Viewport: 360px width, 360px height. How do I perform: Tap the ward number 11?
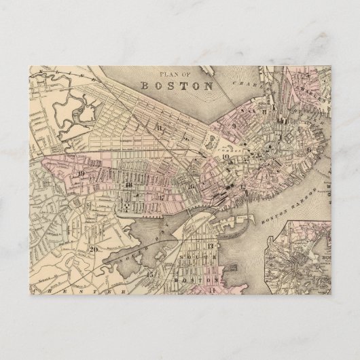point(159,126)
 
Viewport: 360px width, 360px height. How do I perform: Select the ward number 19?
point(81,175)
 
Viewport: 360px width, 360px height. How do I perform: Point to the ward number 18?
point(128,185)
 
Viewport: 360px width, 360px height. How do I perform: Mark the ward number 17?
point(162,197)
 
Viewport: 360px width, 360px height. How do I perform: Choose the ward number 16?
point(191,185)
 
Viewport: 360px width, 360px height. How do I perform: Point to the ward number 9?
point(233,126)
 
